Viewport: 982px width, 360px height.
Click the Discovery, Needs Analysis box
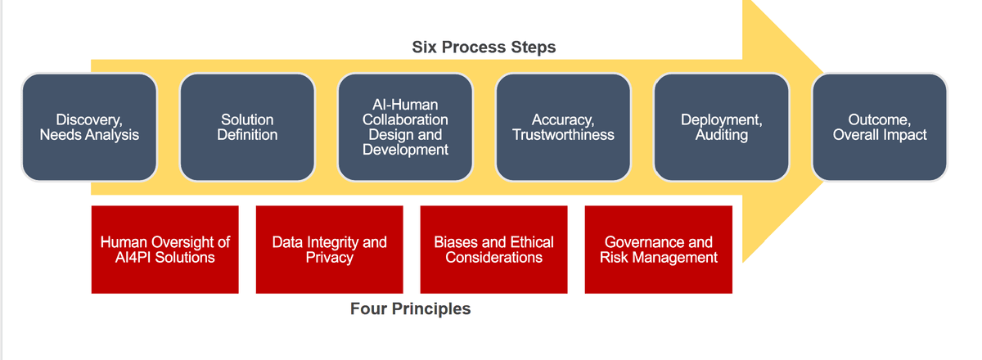89,127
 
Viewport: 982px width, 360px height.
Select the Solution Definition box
247,127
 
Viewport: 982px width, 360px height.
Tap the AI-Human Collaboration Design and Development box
405,127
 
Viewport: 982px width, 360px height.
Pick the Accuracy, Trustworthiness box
563,127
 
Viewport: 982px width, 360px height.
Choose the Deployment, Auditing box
721,127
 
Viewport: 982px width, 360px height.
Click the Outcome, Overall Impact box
880,127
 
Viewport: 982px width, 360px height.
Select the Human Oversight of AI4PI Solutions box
164,250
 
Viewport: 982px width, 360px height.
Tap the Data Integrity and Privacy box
329,250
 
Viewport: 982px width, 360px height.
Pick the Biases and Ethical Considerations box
493,250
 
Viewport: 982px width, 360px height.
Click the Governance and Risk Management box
658,250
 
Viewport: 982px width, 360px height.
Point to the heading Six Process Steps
484,47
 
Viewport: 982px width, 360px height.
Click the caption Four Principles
410,308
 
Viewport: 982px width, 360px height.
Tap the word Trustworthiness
563,135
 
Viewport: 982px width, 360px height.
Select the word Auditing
721,135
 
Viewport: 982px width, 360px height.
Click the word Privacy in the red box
329,258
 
